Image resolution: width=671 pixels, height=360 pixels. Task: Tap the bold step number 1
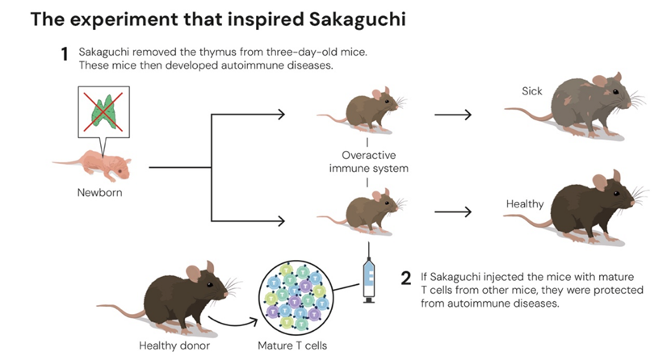tap(64, 55)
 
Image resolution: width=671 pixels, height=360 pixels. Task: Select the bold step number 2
tap(407, 278)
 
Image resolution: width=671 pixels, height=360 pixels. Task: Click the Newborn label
tap(99, 192)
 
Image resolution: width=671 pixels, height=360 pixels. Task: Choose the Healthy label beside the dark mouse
tap(525, 204)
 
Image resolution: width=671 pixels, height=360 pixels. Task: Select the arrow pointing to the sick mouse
tap(453, 115)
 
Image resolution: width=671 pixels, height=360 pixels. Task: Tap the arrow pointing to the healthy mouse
tap(453, 212)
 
